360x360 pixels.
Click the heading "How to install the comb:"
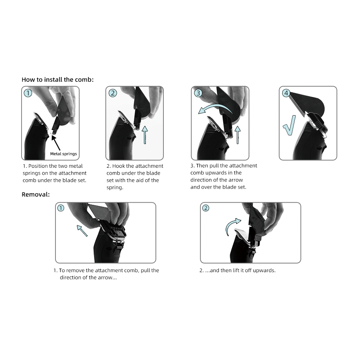pyautogui.click(x=58, y=80)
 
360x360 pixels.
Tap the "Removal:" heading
pyautogui.click(x=36, y=194)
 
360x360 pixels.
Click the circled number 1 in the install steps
pyautogui.click(x=28, y=93)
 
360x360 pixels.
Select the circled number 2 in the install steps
pyautogui.click(x=112, y=93)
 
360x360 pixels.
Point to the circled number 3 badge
pyautogui.click(x=198, y=93)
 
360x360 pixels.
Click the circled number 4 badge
pyautogui.click(x=286, y=93)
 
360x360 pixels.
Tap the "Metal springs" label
pyautogui.click(x=63, y=154)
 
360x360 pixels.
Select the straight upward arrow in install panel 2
pyautogui.click(x=145, y=135)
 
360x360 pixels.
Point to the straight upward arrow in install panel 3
pyautogui.click(x=238, y=135)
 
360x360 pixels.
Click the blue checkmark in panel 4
pyautogui.click(x=289, y=126)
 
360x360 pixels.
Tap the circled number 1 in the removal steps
pyautogui.click(x=60, y=208)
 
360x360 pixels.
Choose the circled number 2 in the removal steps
pyautogui.click(x=206, y=208)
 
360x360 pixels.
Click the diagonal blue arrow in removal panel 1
pyautogui.click(x=82, y=230)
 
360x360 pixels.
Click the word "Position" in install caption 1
pyautogui.click(x=38, y=166)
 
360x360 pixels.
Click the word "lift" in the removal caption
pyautogui.click(x=236, y=270)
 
